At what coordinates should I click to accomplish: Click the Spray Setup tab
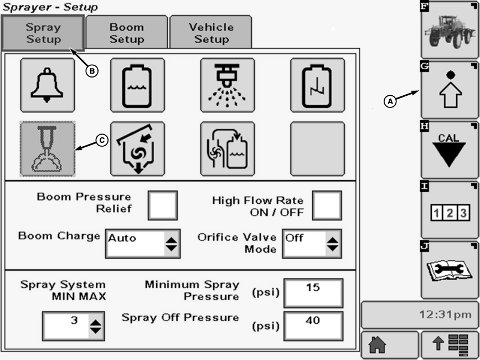tap(43, 33)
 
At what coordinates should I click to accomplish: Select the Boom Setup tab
tap(127, 33)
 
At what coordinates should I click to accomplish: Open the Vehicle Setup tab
tap(211, 33)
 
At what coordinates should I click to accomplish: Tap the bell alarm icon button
tap(48, 85)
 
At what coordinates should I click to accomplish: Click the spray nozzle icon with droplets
tap(228, 85)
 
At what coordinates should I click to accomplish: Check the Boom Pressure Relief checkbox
tap(163, 205)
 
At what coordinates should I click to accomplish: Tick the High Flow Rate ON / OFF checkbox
tap(327, 205)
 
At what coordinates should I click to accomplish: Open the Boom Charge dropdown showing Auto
tap(143, 243)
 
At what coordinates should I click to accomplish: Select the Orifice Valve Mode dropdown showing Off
tap(312, 243)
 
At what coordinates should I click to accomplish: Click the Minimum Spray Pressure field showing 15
tap(313, 292)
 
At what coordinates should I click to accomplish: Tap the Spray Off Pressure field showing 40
tap(313, 326)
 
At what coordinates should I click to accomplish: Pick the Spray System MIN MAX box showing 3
tap(73, 326)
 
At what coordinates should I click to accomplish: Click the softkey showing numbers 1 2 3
tap(450, 210)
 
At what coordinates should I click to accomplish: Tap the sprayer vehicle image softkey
tap(450, 28)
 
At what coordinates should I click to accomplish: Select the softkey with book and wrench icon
tap(450, 270)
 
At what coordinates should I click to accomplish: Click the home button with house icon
tap(389, 346)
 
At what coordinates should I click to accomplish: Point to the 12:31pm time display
tap(419, 315)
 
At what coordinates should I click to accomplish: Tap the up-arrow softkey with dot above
tap(450, 89)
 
